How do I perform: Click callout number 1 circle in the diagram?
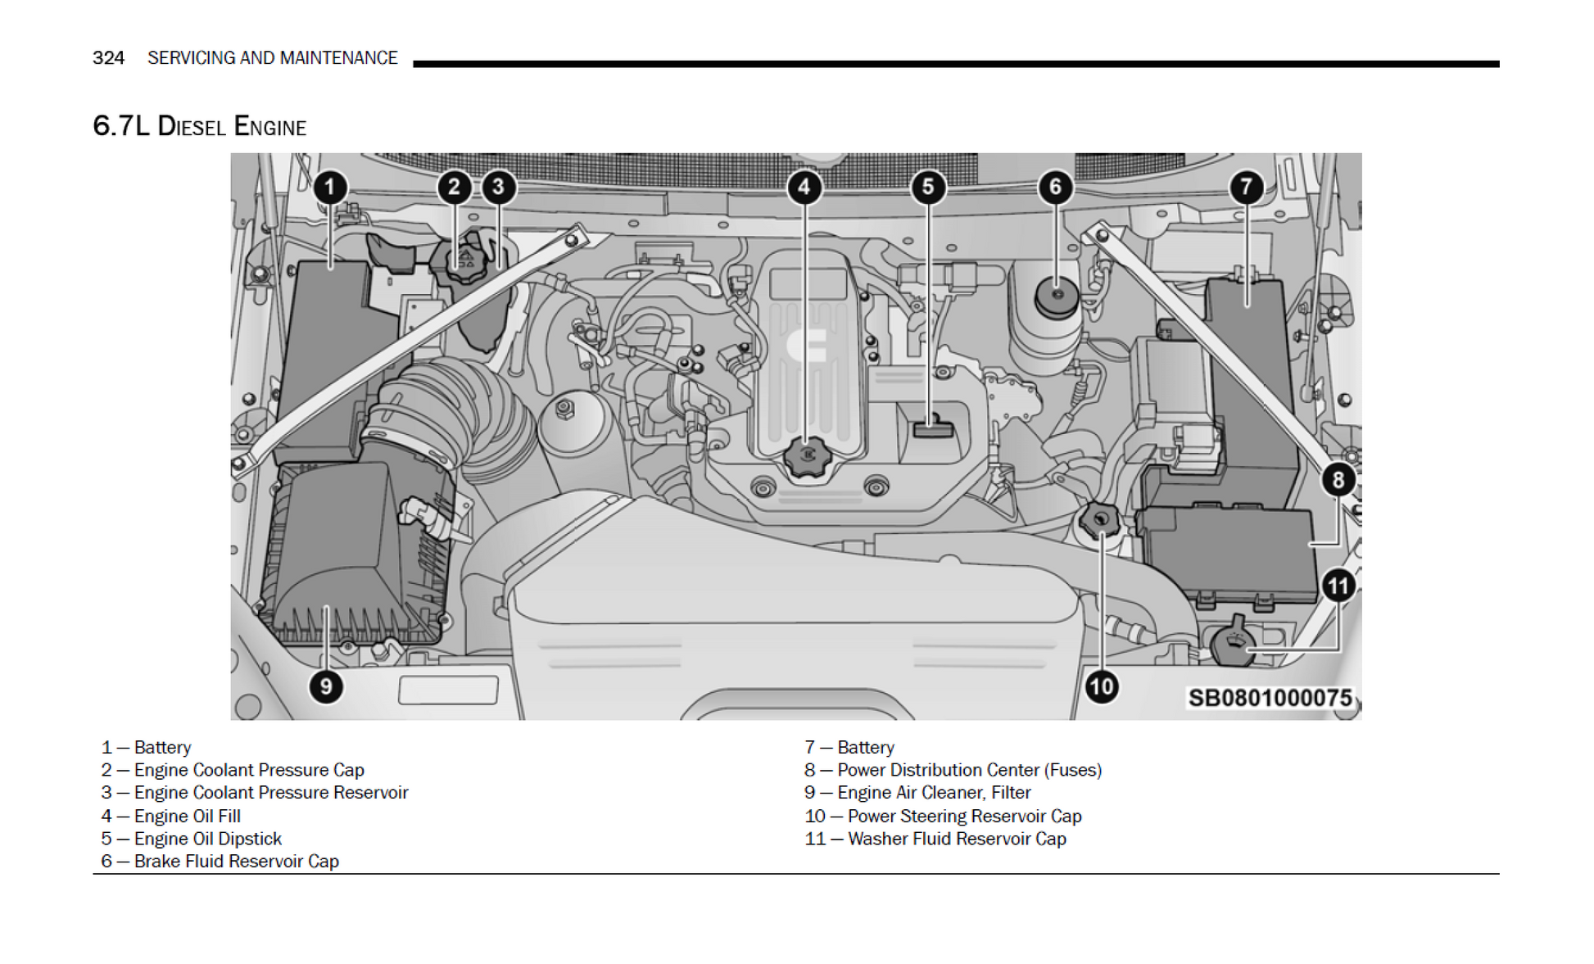pos(330,188)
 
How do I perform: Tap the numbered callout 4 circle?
pos(804,188)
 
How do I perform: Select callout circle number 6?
pos(1055,188)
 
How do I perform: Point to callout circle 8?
pos(1338,480)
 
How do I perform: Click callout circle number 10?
pos(1101,686)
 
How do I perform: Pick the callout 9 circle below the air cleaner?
pos(326,686)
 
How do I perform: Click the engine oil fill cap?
pos(806,455)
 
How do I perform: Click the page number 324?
pos(108,58)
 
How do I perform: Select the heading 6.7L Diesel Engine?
pos(199,126)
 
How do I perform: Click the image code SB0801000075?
pos(1270,698)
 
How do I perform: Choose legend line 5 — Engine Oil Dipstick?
pos(192,839)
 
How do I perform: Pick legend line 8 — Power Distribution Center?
pos(953,770)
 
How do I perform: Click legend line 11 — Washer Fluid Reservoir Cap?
pos(935,839)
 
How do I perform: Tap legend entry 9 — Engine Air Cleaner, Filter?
pos(917,793)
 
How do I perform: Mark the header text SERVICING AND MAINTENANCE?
pos(272,58)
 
